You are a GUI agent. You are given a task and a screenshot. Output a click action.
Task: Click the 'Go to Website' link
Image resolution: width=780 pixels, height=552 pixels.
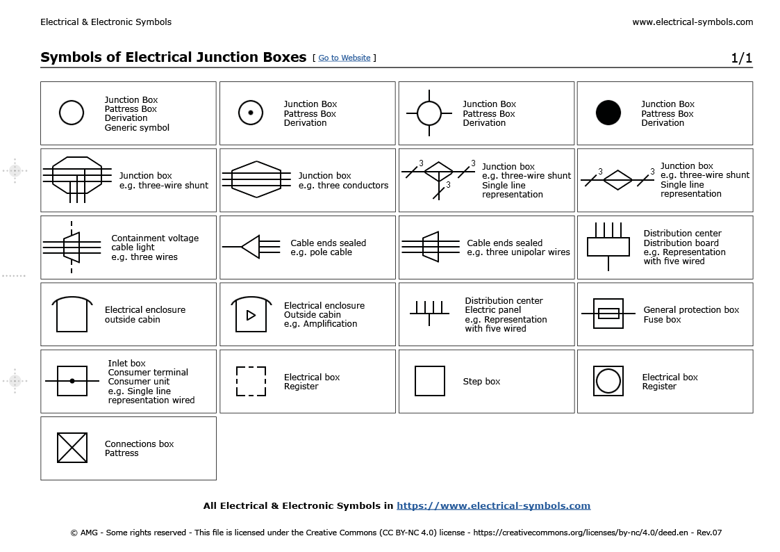pyautogui.click(x=345, y=58)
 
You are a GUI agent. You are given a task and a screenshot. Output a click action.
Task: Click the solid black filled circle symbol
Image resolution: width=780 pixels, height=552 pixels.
pyautogui.click(x=608, y=113)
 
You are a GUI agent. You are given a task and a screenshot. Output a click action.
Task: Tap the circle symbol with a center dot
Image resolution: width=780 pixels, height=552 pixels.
pyautogui.click(x=251, y=113)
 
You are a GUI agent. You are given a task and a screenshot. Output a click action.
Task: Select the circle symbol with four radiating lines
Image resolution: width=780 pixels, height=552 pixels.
pyautogui.click(x=429, y=113)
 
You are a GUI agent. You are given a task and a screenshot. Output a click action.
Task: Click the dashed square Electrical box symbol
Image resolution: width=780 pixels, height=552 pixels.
pyautogui.click(x=251, y=381)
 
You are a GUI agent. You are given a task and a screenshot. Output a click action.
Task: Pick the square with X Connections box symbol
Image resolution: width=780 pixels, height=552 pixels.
pyautogui.click(x=72, y=448)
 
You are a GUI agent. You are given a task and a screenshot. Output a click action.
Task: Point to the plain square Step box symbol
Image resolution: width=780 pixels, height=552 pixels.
pyautogui.click(x=430, y=381)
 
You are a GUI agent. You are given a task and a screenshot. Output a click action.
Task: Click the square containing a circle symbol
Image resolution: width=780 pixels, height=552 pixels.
pyautogui.click(x=608, y=381)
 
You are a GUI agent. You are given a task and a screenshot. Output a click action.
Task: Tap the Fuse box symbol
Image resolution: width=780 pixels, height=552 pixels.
pyautogui.click(x=608, y=314)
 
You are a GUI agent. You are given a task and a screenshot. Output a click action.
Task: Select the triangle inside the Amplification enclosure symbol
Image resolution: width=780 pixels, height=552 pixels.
pyautogui.click(x=251, y=316)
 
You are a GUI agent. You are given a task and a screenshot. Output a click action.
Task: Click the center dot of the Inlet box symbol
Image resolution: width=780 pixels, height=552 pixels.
pyautogui.click(x=72, y=381)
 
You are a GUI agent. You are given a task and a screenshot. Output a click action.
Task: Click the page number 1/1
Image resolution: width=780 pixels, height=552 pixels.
pyautogui.click(x=741, y=58)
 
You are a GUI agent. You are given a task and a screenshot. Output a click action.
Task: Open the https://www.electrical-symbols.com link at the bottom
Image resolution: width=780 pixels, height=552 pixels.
pyautogui.click(x=493, y=506)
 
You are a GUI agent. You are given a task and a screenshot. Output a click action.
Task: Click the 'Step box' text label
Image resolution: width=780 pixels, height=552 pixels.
pyautogui.click(x=481, y=382)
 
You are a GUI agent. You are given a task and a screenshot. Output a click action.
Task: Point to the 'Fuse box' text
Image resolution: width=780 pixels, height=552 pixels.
pyautogui.click(x=662, y=320)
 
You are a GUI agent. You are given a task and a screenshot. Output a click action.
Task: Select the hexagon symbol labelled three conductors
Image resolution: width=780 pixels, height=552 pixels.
pyautogui.click(x=256, y=179)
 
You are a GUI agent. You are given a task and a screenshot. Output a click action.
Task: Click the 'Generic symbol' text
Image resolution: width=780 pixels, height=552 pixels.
pyautogui.click(x=137, y=128)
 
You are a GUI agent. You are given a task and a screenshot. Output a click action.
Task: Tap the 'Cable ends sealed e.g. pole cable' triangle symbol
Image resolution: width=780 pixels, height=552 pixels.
pyautogui.click(x=251, y=247)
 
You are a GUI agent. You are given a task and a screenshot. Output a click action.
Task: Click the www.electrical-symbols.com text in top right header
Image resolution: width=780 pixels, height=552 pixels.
pyautogui.click(x=692, y=22)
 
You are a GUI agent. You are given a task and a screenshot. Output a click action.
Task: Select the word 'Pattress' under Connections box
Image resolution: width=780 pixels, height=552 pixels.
pyautogui.click(x=122, y=453)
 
